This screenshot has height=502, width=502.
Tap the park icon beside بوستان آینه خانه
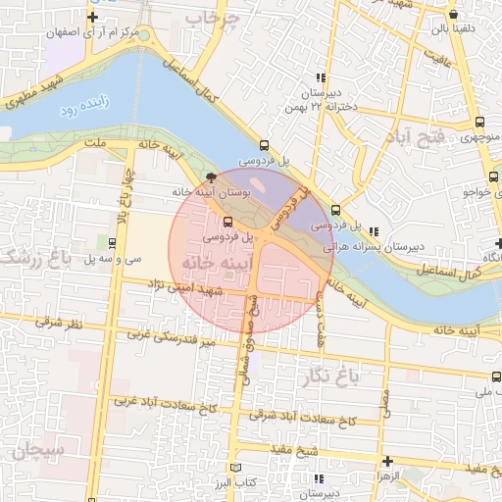[212, 177]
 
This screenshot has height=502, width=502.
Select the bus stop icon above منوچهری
[478, 123]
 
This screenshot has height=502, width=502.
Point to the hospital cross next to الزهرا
[388, 461]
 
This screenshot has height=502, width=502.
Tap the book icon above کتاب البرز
[233, 468]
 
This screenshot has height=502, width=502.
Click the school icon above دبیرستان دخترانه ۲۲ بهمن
[320, 78]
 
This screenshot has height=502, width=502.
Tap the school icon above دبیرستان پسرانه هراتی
[373, 232]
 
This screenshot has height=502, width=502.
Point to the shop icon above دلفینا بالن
[452, 16]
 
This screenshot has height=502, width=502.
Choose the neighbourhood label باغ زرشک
[22, 259]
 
